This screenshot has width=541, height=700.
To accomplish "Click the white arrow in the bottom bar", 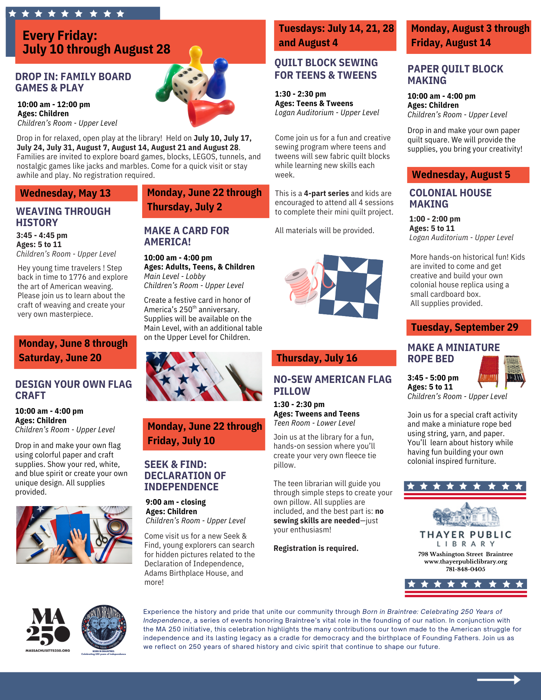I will [499, 680].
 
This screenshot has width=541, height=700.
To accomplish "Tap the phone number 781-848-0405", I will [465, 569].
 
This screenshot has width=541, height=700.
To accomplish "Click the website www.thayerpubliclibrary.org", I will [465, 561].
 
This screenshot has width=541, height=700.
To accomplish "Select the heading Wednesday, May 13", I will [65, 193].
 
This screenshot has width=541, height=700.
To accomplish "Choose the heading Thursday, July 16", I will [317, 358].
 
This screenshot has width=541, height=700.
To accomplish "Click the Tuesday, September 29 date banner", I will [465, 327].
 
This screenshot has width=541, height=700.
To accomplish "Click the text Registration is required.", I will [316, 548].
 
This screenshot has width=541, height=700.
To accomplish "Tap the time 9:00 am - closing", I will [176, 502].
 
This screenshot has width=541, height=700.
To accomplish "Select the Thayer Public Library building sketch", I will [465, 514].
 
